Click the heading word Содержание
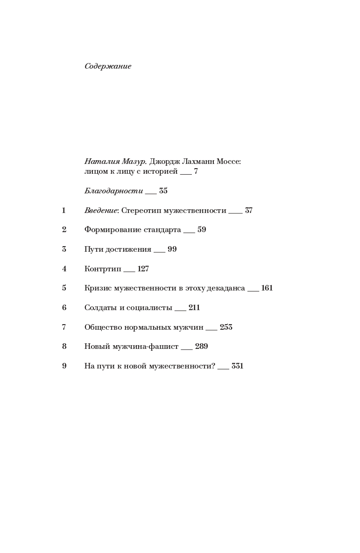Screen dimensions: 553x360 (x=108, y=66)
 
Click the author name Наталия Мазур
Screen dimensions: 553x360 (x=115, y=162)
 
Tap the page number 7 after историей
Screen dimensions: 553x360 (x=196, y=171)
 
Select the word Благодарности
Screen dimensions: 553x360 (x=113, y=191)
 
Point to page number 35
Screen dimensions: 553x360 (x=163, y=191)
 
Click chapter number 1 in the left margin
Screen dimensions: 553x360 (x=64, y=211)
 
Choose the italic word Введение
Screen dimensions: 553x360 (x=101, y=211)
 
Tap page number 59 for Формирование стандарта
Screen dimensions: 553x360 (x=202, y=230)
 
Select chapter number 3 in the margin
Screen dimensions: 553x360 (x=64, y=249)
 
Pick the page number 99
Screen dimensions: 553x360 (x=172, y=249)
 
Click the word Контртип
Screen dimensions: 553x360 (x=103, y=269)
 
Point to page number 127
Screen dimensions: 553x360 (x=143, y=269)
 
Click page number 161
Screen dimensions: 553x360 (x=267, y=288)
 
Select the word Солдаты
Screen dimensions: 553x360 (x=99, y=308)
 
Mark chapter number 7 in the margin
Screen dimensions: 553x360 (x=64, y=327)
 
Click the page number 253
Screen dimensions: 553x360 (x=226, y=327)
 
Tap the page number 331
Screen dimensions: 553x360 (x=238, y=366)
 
